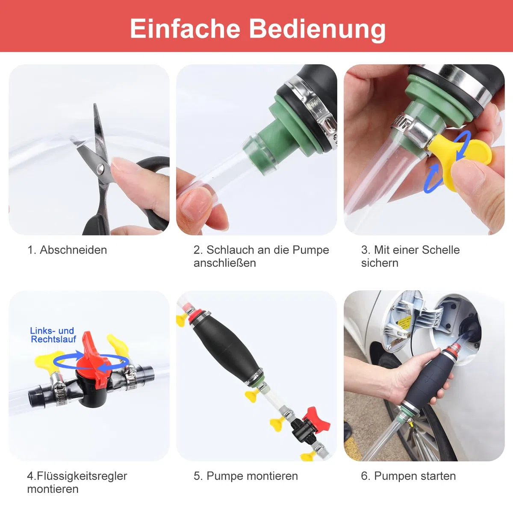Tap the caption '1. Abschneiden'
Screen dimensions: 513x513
[67, 250]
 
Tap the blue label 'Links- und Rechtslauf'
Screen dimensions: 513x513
[53, 335]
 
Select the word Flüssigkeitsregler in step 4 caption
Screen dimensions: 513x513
[82, 476]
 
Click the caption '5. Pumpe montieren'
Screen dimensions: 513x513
[246, 476]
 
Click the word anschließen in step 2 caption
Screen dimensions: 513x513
[225, 263]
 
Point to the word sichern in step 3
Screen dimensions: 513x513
[380, 263]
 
